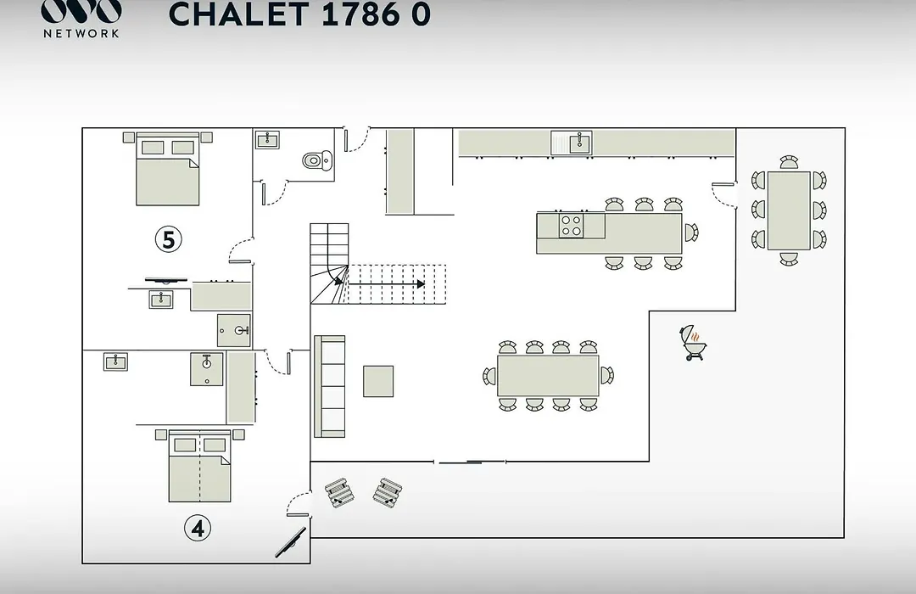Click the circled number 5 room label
click(x=168, y=239)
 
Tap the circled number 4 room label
click(x=198, y=528)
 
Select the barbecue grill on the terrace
click(x=694, y=343)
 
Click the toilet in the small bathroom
click(x=317, y=160)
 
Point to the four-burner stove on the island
click(x=572, y=226)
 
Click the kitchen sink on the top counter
click(x=572, y=143)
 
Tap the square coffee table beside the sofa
click(x=378, y=381)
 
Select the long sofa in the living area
click(x=329, y=386)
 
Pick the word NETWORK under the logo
click(x=81, y=33)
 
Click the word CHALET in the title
click(x=238, y=14)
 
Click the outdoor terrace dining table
click(x=789, y=210)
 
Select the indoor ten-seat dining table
click(x=548, y=375)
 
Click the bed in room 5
click(x=168, y=169)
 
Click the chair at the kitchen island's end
click(x=691, y=233)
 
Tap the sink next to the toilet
click(x=267, y=140)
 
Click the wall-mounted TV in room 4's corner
click(x=290, y=542)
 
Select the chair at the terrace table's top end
click(x=789, y=162)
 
